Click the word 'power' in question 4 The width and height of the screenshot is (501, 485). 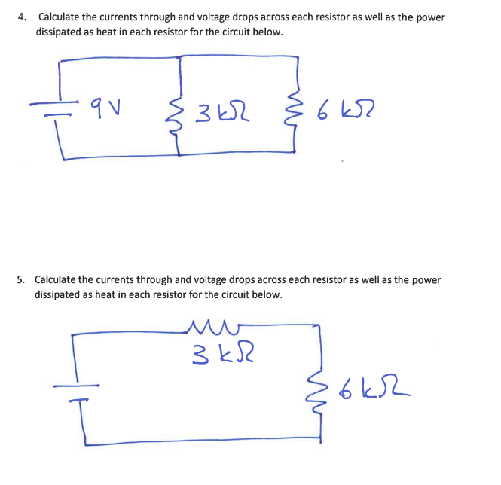click(429, 17)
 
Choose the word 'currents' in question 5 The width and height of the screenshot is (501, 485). click(123, 279)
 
